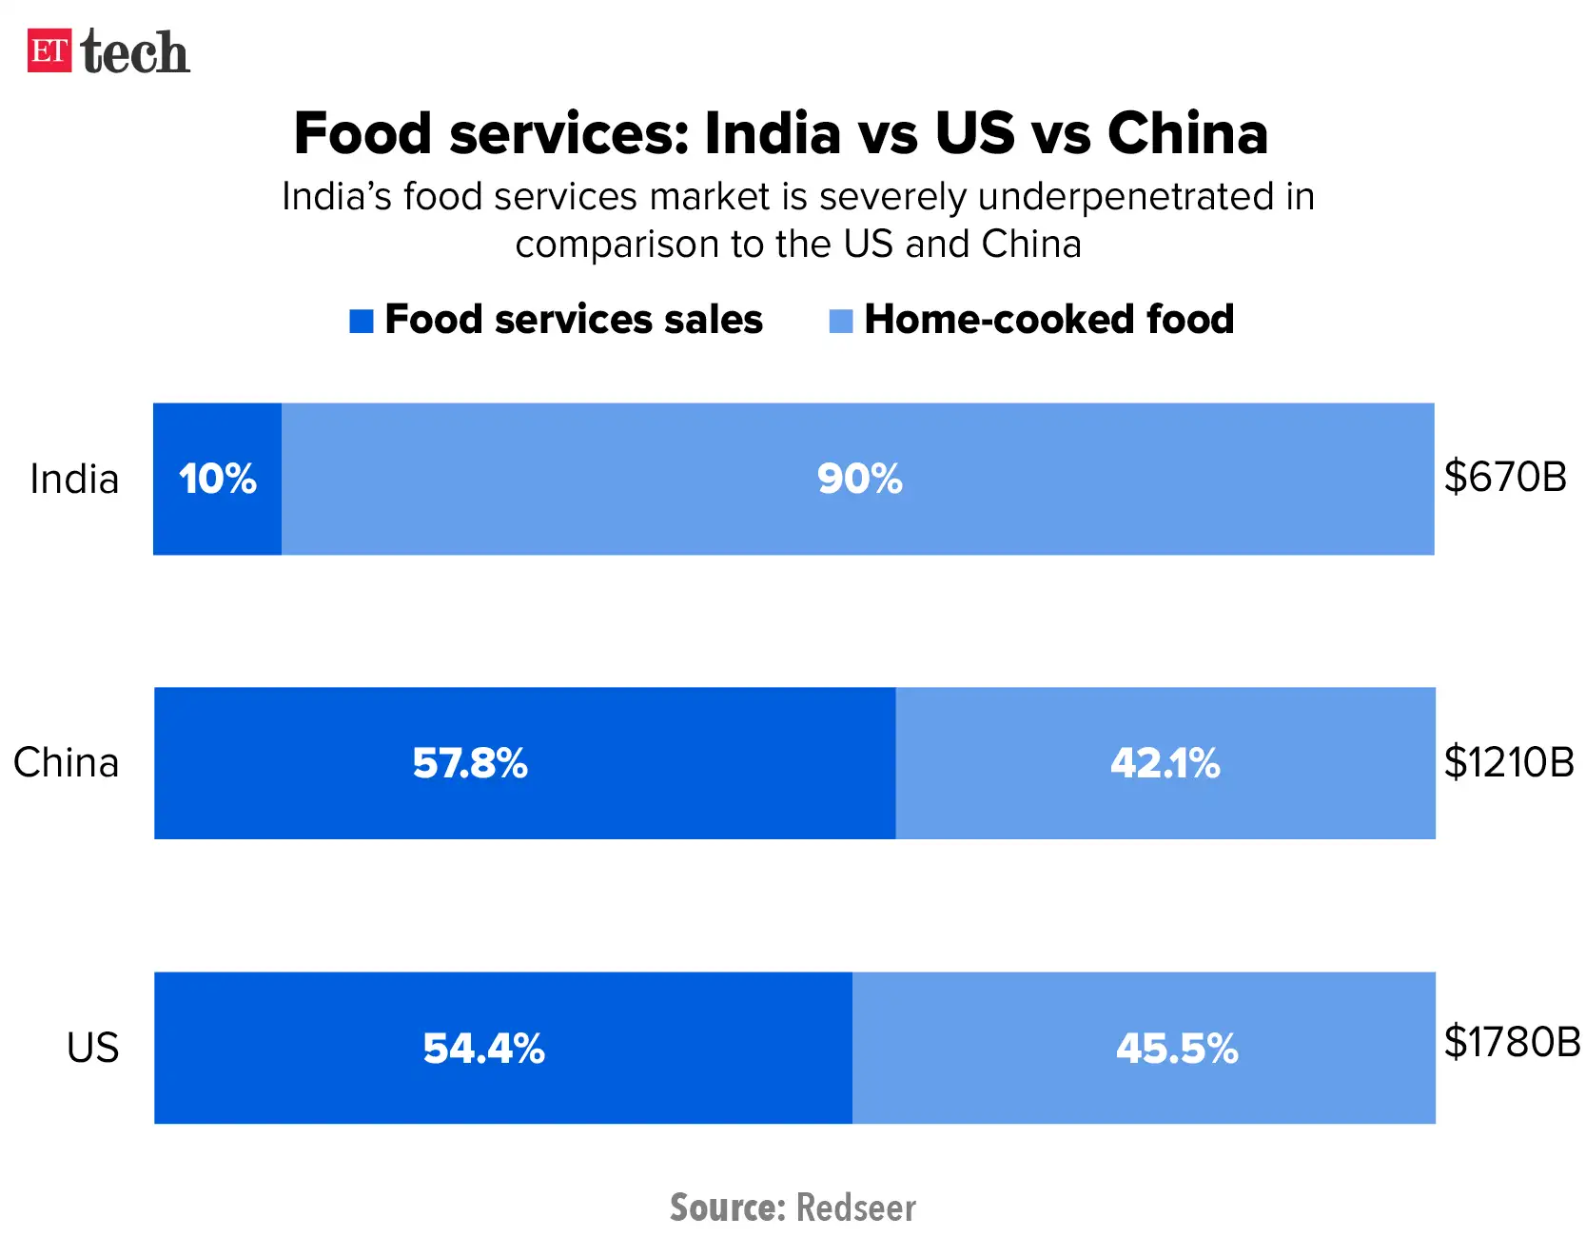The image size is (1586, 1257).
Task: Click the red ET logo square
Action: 49,50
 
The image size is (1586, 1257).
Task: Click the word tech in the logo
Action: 135,51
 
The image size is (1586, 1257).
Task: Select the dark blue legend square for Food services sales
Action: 361,322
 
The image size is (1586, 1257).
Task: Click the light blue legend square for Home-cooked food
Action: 841,322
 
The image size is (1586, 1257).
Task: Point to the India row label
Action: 74,479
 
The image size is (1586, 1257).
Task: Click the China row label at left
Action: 67,762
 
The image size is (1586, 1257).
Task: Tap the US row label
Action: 92,1048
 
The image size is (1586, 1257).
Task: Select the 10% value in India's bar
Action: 218,479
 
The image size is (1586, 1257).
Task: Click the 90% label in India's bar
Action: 859,479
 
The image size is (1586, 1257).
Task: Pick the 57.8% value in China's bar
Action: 470,763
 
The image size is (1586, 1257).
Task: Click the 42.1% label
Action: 1165,763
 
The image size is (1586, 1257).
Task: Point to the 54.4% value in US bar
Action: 483,1049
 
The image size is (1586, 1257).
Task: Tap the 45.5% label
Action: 1177,1049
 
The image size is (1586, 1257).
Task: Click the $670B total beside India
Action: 1504,476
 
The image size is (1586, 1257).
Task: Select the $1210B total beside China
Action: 1509,761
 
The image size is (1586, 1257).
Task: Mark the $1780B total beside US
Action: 1512,1042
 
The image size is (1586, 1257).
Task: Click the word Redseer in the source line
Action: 855,1208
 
